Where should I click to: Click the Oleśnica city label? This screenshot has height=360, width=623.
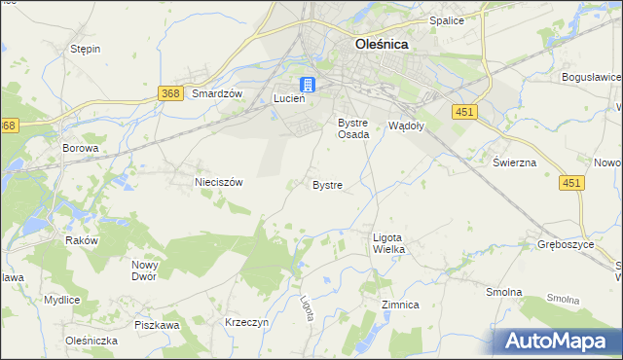point(381,44)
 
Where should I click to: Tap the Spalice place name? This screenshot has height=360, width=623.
point(446,20)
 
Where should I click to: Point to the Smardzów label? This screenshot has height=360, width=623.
point(216,93)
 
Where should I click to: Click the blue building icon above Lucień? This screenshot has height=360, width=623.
point(307,84)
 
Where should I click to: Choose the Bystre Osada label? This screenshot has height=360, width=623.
point(353,128)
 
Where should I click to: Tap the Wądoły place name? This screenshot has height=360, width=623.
point(406,125)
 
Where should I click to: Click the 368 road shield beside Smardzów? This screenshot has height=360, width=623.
point(169,92)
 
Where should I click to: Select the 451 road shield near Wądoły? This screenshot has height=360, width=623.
point(463,113)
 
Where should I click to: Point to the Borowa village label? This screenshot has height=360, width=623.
point(81,148)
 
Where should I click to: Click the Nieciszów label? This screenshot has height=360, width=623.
point(218,181)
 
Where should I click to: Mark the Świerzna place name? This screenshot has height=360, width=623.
point(514,162)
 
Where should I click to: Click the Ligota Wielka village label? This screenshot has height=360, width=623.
point(388,243)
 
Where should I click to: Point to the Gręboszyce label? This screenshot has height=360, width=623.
point(566,244)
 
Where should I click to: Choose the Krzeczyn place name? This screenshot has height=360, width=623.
point(246,321)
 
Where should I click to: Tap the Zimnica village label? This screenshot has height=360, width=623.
point(400,305)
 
